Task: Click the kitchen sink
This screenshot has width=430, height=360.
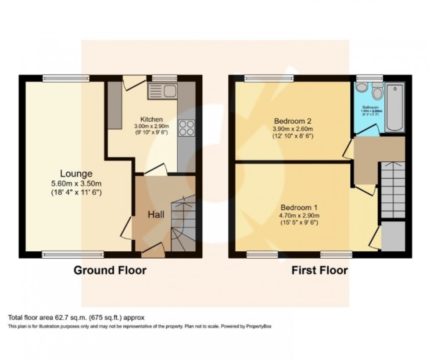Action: [162, 91]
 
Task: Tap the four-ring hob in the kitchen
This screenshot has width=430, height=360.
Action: [186, 128]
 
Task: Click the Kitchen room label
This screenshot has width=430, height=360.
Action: [151, 119]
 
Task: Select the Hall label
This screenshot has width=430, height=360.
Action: [156, 214]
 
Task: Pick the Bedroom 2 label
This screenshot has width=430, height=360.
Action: [293, 121]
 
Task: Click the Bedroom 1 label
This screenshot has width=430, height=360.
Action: [299, 207]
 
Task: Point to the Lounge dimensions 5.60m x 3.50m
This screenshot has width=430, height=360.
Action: [76, 184]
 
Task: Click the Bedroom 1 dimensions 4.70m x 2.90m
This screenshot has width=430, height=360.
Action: [299, 215]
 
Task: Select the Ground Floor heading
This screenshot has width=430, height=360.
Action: [110, 270]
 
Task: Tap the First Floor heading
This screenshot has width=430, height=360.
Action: [319, 270]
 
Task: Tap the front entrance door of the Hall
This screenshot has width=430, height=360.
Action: [152, 251]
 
